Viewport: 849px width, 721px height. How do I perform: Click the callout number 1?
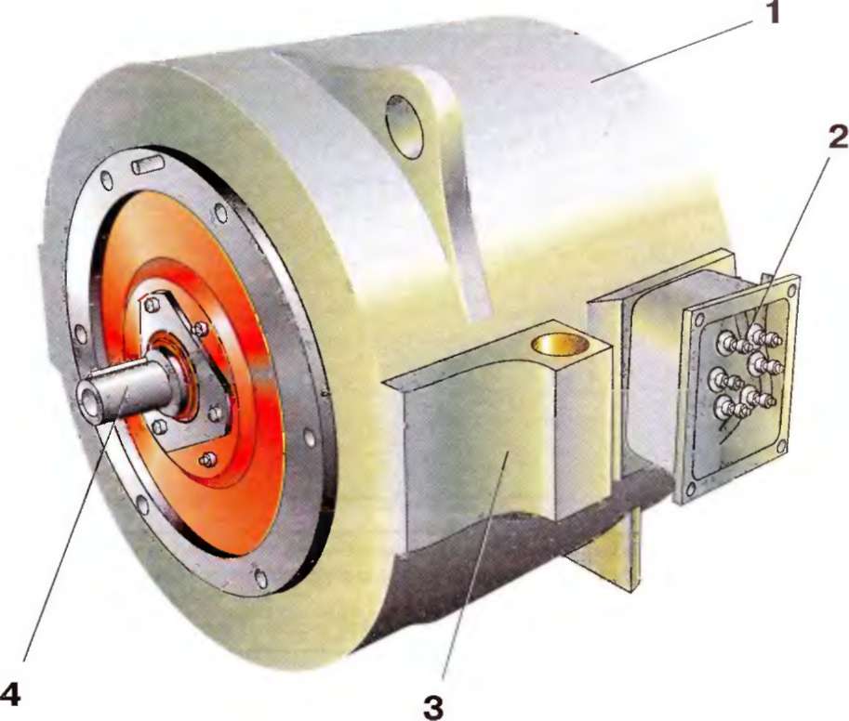772,13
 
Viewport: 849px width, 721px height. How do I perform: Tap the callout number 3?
433,707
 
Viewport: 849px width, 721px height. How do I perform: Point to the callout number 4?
11,694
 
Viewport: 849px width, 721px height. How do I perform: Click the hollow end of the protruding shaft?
87,403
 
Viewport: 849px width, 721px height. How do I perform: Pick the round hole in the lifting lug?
405,126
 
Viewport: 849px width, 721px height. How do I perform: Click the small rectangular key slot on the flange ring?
147,164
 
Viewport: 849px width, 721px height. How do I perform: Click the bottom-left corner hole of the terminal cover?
689,492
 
